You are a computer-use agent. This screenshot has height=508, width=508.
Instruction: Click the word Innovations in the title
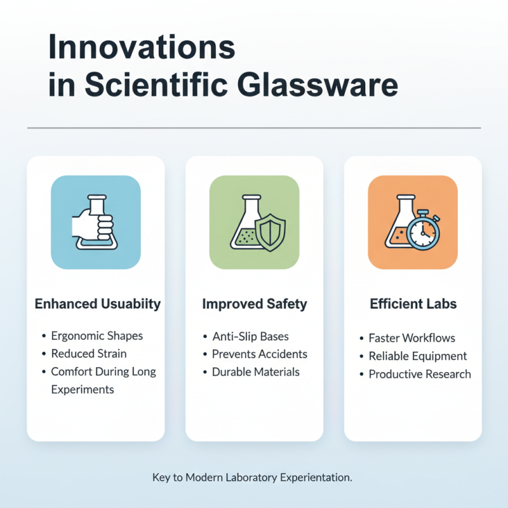[142, 50]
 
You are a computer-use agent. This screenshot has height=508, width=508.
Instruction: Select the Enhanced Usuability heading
[97, 304]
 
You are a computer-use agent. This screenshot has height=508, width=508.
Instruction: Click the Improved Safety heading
[254, 304]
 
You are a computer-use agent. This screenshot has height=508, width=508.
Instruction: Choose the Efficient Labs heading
[413, 304]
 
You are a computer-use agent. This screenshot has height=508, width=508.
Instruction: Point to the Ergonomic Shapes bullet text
[97, 336]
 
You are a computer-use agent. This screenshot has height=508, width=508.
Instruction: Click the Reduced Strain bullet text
[89, 354]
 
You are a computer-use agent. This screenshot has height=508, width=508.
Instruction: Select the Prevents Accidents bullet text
[259, 354]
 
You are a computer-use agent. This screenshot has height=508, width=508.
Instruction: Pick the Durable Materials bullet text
[255, 371]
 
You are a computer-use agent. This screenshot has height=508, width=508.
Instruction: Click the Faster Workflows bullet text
[411, 338]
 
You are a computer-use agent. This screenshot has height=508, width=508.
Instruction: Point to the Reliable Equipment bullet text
[417, 356]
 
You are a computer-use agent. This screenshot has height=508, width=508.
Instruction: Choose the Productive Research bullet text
[420, 374]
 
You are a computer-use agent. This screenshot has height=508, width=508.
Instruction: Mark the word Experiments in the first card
[83, 389]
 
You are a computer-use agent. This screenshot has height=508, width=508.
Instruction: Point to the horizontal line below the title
[254, 128]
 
